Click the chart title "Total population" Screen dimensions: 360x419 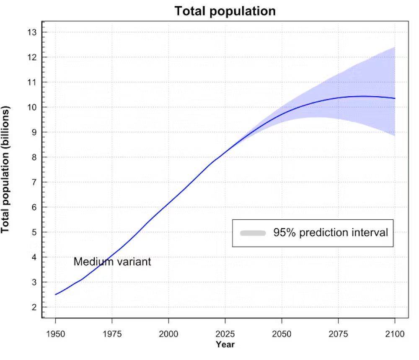click(x=225, y=11)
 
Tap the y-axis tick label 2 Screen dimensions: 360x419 click(x=33, y=307)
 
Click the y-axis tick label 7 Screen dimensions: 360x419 click(x=33, y=182)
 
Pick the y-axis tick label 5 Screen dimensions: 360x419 click(x=33, y=232)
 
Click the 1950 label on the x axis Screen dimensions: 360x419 click(x=55, y=334)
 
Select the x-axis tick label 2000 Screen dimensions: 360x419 click(x=168, y=334)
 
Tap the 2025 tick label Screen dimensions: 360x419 click(x=225, y=334)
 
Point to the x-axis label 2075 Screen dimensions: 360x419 click(x=338, y=334)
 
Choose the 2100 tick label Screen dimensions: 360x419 click(x=395, y=334)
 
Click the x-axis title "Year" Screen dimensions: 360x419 click(x=225, y=345)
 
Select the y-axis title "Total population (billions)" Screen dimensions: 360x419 click(x=6, y=170)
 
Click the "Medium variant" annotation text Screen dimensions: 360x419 click(x=112, y=262)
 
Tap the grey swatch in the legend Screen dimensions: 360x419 click(x=253, y=233)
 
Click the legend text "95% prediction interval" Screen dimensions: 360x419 click(x=331, y=233)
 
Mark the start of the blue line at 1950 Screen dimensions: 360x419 click(x=55, y=295)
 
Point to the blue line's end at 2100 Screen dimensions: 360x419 click(x=395, y=98)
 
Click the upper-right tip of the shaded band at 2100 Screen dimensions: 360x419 click(x=395, y=48)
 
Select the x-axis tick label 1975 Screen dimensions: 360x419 click(x=112, y=334)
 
